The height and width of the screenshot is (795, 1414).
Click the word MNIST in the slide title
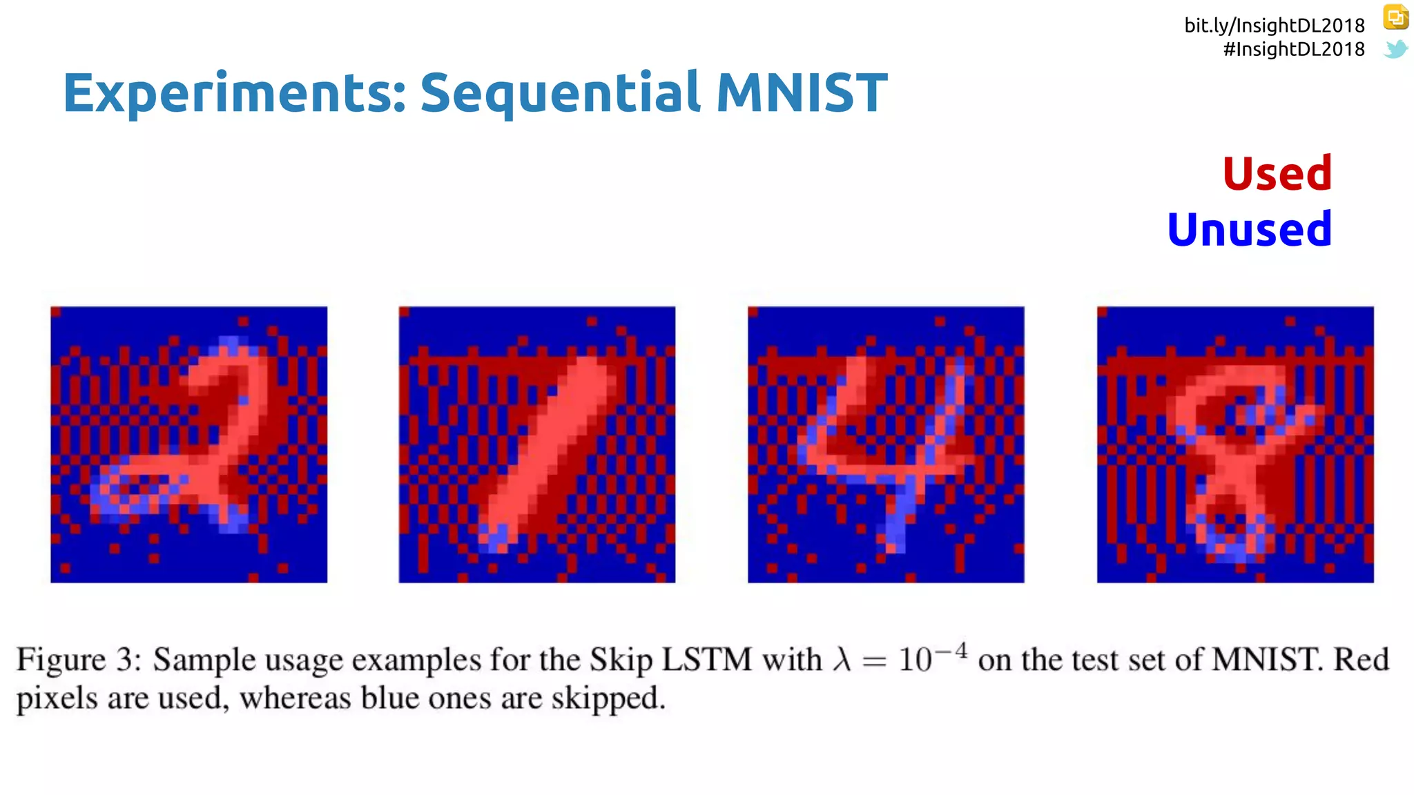click(x=801, y=92)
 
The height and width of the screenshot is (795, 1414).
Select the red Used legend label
click(x=1277, y=173)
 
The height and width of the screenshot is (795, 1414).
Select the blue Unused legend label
click(x=1249, y=230)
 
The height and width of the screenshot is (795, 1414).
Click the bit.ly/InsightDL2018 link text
click(x=1274, y=26)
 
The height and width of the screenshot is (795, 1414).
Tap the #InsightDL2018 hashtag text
click(x=1293, y=50)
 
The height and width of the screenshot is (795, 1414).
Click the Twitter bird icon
click(x=1395, y=49)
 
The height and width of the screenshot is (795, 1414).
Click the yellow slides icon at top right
click(x=1395, y=17)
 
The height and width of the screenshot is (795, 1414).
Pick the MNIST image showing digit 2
click(x=188, y=444)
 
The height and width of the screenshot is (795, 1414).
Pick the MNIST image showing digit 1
click(x=536, y=444)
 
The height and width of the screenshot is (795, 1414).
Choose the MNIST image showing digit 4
click(x=886, y=444)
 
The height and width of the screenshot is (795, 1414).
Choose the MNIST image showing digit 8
click(x=1235, y=444)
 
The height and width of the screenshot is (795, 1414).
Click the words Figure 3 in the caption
click(x=78, y=660)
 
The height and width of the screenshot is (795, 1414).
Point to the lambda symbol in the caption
click(x=841, y=660)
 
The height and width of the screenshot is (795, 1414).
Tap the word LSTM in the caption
click(x=706, y=660)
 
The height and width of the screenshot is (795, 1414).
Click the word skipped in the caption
click(x=607, y=698)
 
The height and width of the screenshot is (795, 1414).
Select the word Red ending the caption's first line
click(x=1361, y=660)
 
